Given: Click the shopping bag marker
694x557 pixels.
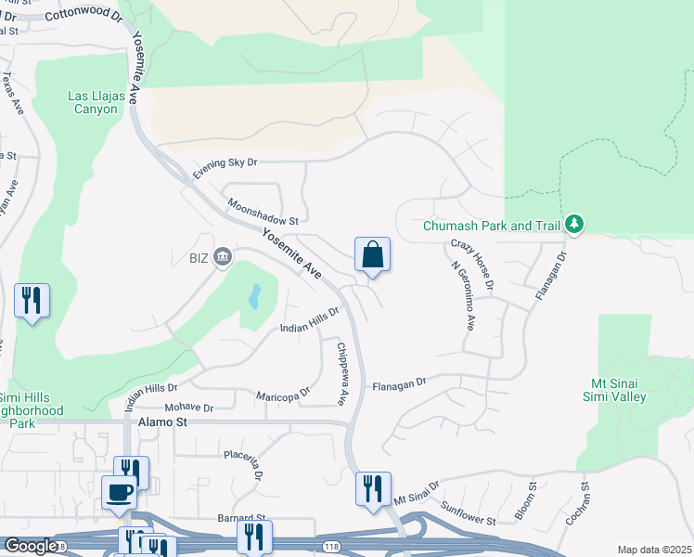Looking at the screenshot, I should tap(372, 255).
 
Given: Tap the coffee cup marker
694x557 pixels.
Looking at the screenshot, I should tap(119, 491).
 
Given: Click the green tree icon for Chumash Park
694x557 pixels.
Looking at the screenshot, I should tap(575, 224).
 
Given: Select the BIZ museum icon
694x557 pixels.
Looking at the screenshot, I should tap(223, 256).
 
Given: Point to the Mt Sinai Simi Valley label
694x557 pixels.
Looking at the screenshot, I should tap(631, 389).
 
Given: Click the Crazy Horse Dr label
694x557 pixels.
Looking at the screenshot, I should tap(473, 263).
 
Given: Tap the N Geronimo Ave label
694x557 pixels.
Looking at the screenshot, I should tap(462, 295).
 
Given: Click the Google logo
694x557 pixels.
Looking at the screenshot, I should tap(30, 546).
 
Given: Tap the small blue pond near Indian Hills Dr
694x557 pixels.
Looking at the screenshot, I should tap(254, 297).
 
